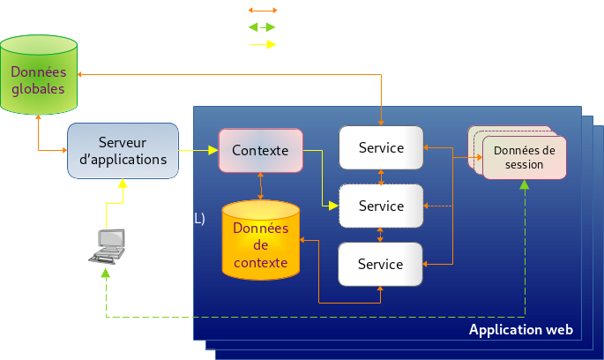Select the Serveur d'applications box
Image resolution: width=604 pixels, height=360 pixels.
[x=123, y=151]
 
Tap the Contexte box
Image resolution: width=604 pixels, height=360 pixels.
[x=260, y=150]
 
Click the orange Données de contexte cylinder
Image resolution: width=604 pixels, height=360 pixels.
[x=260, y=240]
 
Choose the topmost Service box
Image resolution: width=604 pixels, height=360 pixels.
[x=381, y=147]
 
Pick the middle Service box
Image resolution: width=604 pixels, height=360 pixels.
[x=381, y=206]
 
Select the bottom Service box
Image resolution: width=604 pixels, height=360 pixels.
[x=381, y=264]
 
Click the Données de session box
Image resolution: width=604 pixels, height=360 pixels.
[x=524, y=157]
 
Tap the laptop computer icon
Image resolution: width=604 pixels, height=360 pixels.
[x=109, y=246]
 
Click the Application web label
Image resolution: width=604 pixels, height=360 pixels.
[x=520, y=330]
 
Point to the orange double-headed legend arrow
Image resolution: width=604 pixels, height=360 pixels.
[x=263, y=11]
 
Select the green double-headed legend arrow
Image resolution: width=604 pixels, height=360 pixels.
[x=263, y=27]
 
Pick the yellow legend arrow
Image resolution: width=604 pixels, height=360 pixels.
[x=263, y=44]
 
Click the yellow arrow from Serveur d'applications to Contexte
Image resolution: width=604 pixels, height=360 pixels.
[x=198, y=151]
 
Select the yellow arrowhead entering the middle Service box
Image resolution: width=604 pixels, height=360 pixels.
[x=334, y=206]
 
